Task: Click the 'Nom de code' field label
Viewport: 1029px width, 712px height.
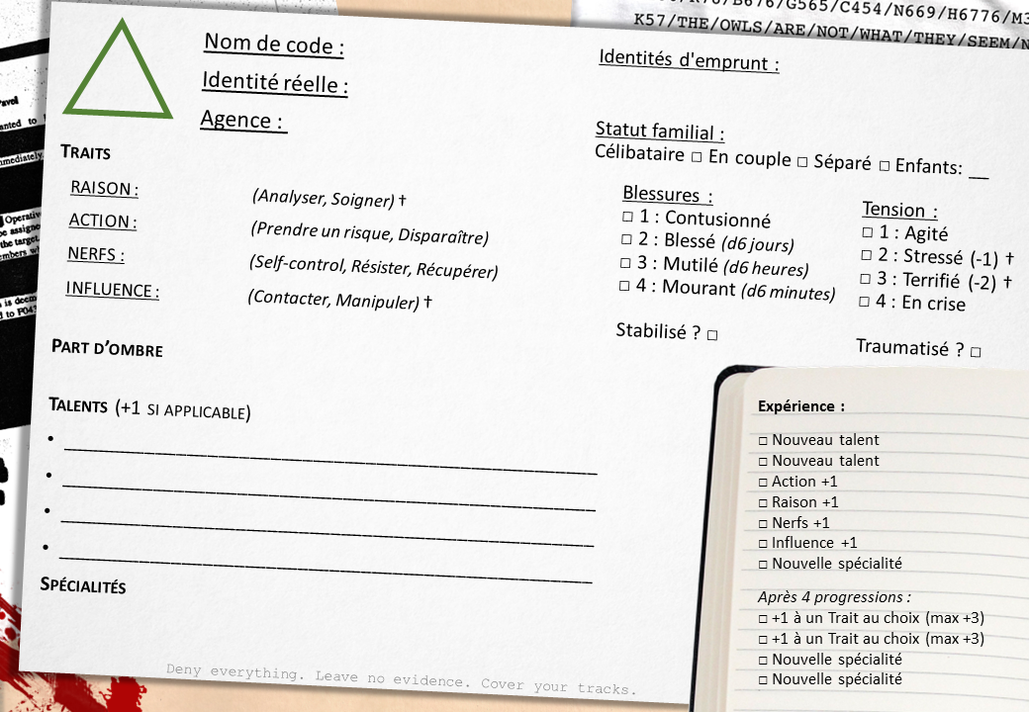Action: [274, 44]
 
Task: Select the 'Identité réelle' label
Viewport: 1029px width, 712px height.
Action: [275, 83]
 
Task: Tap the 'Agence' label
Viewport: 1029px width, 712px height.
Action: [242, 121]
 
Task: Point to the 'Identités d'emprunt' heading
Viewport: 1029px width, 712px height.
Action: [689, 60]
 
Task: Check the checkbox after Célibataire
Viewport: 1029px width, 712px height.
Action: [697, 156]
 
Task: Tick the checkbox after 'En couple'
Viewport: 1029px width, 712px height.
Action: [802, 161]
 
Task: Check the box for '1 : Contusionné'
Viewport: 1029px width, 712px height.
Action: [627, 216]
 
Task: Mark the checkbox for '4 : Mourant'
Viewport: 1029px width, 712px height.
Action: [624, 286]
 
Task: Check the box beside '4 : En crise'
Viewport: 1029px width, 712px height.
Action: [865, 301]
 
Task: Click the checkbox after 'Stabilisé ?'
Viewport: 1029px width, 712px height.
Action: [712, 335]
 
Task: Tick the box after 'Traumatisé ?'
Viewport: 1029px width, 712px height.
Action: [976, 351]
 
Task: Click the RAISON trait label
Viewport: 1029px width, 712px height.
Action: [104, 189]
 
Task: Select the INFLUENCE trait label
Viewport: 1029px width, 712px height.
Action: [112, 290]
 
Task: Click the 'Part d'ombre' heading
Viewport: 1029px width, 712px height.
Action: [107, 349]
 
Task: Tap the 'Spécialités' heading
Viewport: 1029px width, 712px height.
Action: [83, 585]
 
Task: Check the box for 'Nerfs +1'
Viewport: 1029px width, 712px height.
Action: [763, 523]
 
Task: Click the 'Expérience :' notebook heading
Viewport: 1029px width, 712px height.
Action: [801, 406]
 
